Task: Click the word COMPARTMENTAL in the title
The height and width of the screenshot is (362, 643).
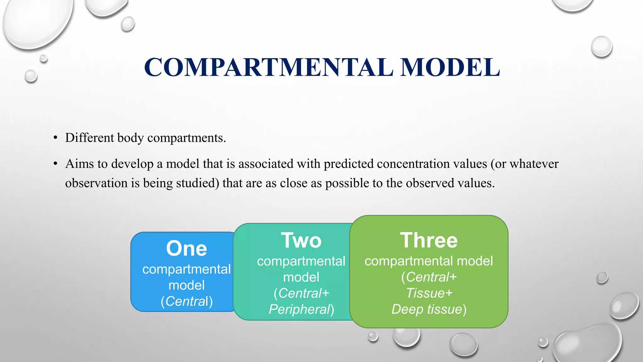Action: pyautogui.click(x=268, y=67)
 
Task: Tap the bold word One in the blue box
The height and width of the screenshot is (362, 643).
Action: pyautogui.click(x=186, y=249)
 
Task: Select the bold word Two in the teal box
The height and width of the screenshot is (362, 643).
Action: pyautogui.click(x=301, y=240)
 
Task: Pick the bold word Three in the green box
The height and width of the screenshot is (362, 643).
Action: pyautogui.click(x=429, y=240)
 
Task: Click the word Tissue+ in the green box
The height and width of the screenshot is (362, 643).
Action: pyautogui.click(x=429, y=293)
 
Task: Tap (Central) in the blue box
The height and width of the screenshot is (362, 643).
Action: pyautogui.click(x=186, y=301)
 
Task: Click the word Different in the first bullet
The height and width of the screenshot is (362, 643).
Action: pyautogui.click(x=89, y=138)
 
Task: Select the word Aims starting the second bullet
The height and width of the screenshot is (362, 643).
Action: pyautogui.click(x=79, y=164)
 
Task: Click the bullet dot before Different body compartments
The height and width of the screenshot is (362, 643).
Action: pyautogui.click(x=56, y=138)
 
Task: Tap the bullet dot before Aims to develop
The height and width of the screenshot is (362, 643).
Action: pyautogui.click(x=56, y=164)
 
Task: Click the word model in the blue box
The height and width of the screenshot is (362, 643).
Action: pyautogui.click(x=186, y=285)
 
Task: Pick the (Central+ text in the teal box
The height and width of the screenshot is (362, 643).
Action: pyautogui.click(x=301, y=293)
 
